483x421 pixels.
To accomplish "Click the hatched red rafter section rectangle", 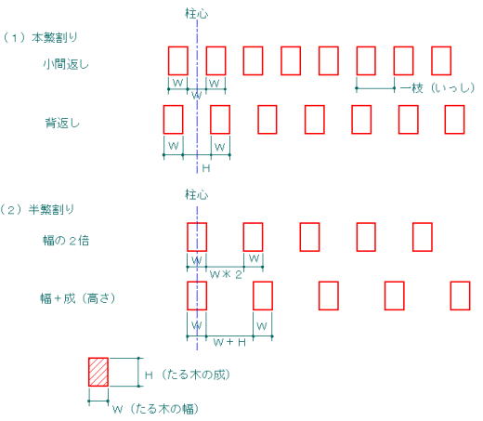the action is [x=98, y=372].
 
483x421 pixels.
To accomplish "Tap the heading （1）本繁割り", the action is [x=40, y=38].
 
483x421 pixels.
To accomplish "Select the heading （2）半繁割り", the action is [x=37, y=210].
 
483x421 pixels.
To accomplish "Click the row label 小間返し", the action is [x=66, y=64].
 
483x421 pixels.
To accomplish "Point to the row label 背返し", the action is [x=62, y=123].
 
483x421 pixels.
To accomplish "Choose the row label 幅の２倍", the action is [x=66, y=241].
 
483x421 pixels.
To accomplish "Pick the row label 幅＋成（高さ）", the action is [x=78, y=298].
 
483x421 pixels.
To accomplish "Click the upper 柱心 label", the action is [x=197, y=14].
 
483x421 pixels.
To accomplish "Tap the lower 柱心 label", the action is [x=197, y=194].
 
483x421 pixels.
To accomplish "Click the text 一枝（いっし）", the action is [x=437, y=88].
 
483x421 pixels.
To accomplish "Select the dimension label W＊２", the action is [x=226, y=274].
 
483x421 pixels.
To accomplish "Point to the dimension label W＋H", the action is [x=229, y=342].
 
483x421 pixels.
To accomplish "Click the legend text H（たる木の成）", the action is [x=188, y=375].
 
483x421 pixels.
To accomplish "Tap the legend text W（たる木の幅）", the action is [x=155, y=409].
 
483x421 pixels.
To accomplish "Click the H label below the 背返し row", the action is [x=206, y=168].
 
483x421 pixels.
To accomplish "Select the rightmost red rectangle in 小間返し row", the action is [x=441, y=60].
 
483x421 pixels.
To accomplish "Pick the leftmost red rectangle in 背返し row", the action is [x=173, y=120].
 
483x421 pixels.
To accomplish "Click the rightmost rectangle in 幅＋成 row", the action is [x=461, y=296].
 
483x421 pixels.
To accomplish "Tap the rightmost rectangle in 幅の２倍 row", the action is [x=423, y=237].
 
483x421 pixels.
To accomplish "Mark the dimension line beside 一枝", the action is [x=375, y=88].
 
